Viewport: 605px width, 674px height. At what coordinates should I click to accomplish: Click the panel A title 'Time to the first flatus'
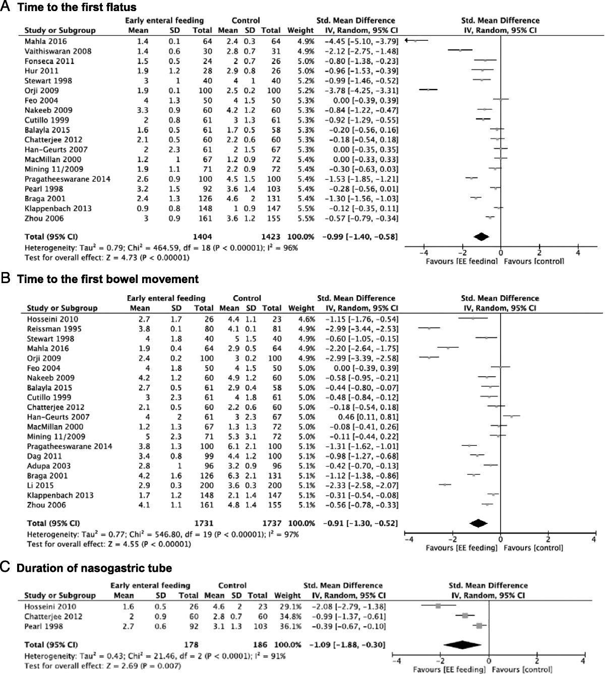point(77,7)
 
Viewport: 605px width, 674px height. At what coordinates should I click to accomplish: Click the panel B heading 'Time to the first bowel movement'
point(108,279)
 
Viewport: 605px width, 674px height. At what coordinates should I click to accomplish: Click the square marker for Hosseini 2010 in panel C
point(438,606)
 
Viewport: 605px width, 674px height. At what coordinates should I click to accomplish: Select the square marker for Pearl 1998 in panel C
point(479,626)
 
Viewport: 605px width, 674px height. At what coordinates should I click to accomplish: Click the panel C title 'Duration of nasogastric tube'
point(94,568)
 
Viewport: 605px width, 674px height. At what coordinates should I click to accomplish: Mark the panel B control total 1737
point(272,523)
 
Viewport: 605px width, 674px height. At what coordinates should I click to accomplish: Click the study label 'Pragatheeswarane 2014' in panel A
point(68,179)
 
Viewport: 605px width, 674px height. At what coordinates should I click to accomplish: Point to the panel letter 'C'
point(5,568)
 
